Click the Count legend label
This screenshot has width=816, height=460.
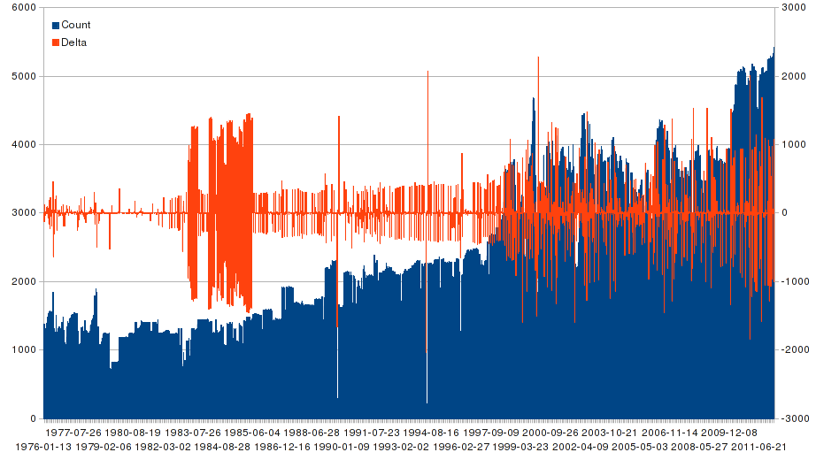pyautogui.click(x=75, y=25)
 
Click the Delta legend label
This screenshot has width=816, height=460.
pyautogui.click(x=73, y=42)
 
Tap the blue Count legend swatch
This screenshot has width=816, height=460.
pyautogui.click(x=56, y=25)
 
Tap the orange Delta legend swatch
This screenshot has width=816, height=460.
pyautogui.click(x=56, y=42)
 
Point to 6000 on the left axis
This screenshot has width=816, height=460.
pyautogui.click(x=24, y=7)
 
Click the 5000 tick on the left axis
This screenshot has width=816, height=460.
pyautogui.click(x=24, y=76)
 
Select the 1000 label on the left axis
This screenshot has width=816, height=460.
pyautogui.click(x=24, y=350)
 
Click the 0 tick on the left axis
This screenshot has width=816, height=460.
pyautogui.click(x=33, y=418)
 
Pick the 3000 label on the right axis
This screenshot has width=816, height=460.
pyautogui.click(x=792, y=7)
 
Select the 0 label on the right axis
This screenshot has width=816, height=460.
pyautogui.click(x=782, y=213)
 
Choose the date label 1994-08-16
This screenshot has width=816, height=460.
pyautogui.click(x=431, y=433)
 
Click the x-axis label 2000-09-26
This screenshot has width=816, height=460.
pyautogui.click(x=550, y=433)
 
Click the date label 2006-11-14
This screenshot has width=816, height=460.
pyautogui.click(x=670, y=433)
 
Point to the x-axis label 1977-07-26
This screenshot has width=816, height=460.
pyautogui.click(x=73, y=433)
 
